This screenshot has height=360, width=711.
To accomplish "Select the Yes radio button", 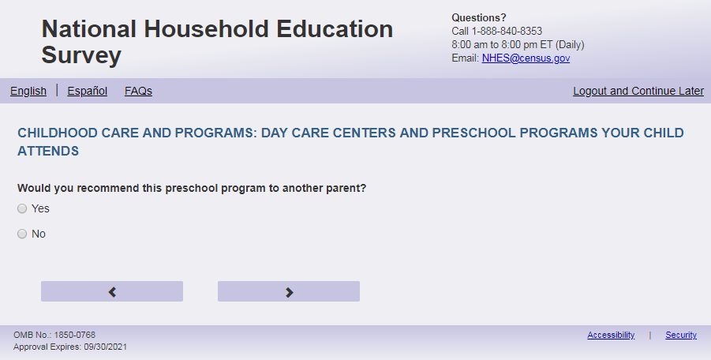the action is tap(22, 208).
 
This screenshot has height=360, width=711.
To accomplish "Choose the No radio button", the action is tap(22, 234).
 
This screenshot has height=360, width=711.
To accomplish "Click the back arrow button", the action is tap(112, 291).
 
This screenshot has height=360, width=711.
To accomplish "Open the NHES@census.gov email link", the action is tap(526, 58).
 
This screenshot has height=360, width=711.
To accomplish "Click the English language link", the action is tap(28, 91).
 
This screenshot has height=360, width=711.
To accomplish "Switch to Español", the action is tap(87, 91).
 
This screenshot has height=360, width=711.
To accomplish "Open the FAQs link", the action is tap(138, 91).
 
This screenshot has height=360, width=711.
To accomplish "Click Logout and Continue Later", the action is tap(638, 91).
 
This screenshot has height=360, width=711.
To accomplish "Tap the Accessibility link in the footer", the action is tap(611, 335).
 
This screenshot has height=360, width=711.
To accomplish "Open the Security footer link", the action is tap(681, 335).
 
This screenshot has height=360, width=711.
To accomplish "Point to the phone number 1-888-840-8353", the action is tap(507, 32).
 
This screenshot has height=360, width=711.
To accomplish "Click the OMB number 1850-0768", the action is tap(74, 335).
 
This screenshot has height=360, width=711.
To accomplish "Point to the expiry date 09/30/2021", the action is tap(105, 347).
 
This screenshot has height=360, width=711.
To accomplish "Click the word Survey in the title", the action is tap(81, 55).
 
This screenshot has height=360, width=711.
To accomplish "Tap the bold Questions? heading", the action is tap(479, 17).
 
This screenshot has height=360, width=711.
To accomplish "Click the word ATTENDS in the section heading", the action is tap(48, 151).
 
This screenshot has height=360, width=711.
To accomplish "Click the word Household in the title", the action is tap(206, 29).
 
